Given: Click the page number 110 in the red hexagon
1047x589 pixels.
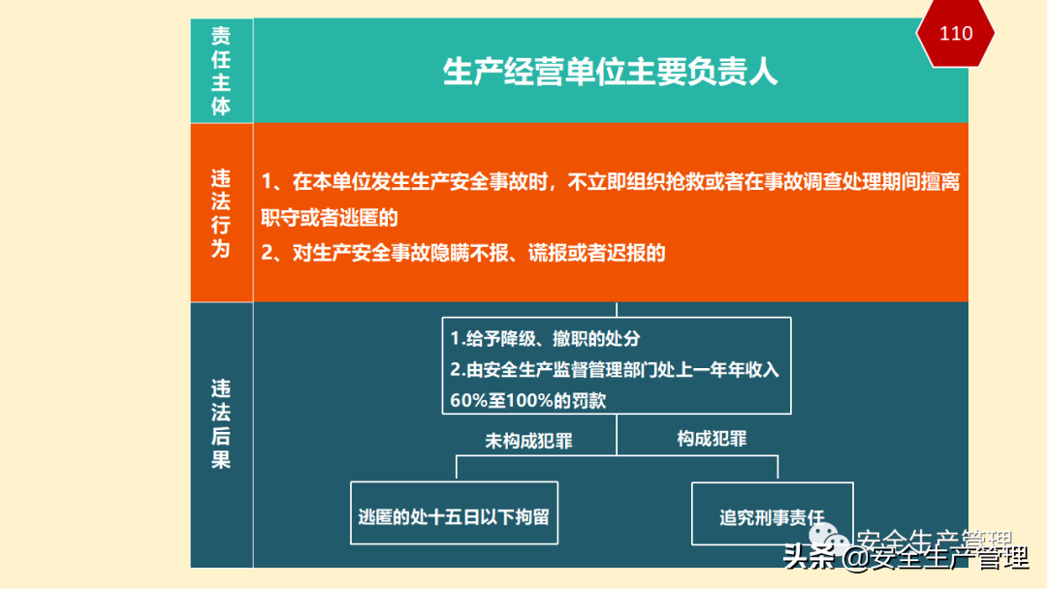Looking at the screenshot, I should click(955, 33).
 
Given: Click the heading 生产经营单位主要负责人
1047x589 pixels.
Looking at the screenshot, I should click(610, 72).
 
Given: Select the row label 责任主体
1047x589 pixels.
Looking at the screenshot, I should click(221, 72).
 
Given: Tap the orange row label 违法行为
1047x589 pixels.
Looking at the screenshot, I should click(221, 213).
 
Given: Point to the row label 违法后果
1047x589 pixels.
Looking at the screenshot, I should click(221, 423).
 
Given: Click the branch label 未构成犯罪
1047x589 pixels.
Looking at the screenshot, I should click(528, 441).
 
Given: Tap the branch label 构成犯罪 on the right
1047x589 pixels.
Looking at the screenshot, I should click(712, 439).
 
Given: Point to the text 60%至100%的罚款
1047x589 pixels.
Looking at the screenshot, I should click(528, 399).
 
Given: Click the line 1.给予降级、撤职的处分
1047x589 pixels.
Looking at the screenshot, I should click(545, 339).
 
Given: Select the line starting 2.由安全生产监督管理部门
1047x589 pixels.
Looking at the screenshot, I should click(615, 369).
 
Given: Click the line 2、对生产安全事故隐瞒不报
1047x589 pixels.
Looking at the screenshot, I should click(463, 253).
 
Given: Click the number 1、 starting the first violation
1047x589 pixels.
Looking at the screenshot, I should click(275, 182).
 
